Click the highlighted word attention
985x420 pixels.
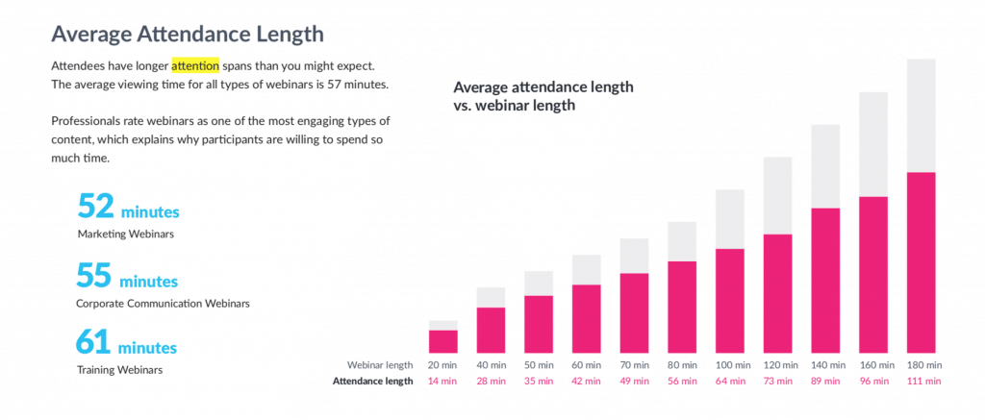tap(195, 66)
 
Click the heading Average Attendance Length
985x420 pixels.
tap(187, 34)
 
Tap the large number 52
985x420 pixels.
tap(96, 207)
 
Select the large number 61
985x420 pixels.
tap(96, 343)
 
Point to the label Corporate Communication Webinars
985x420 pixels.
tap(164, 304)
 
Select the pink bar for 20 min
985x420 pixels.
tap(443, 341)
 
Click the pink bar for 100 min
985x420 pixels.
tap(730, 300)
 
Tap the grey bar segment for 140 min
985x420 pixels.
tap(826, 165)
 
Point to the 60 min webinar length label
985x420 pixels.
tap(587, 365)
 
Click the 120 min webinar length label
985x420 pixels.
tap(778, 365)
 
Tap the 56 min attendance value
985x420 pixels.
tap(682, 382)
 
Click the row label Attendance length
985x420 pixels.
tap(372, 382)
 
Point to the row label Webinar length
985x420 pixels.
tap(379, 365)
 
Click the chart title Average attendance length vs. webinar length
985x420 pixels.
tap(543, 96)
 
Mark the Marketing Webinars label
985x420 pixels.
tap(120, 234)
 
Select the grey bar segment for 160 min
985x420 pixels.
tap(873, 144)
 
